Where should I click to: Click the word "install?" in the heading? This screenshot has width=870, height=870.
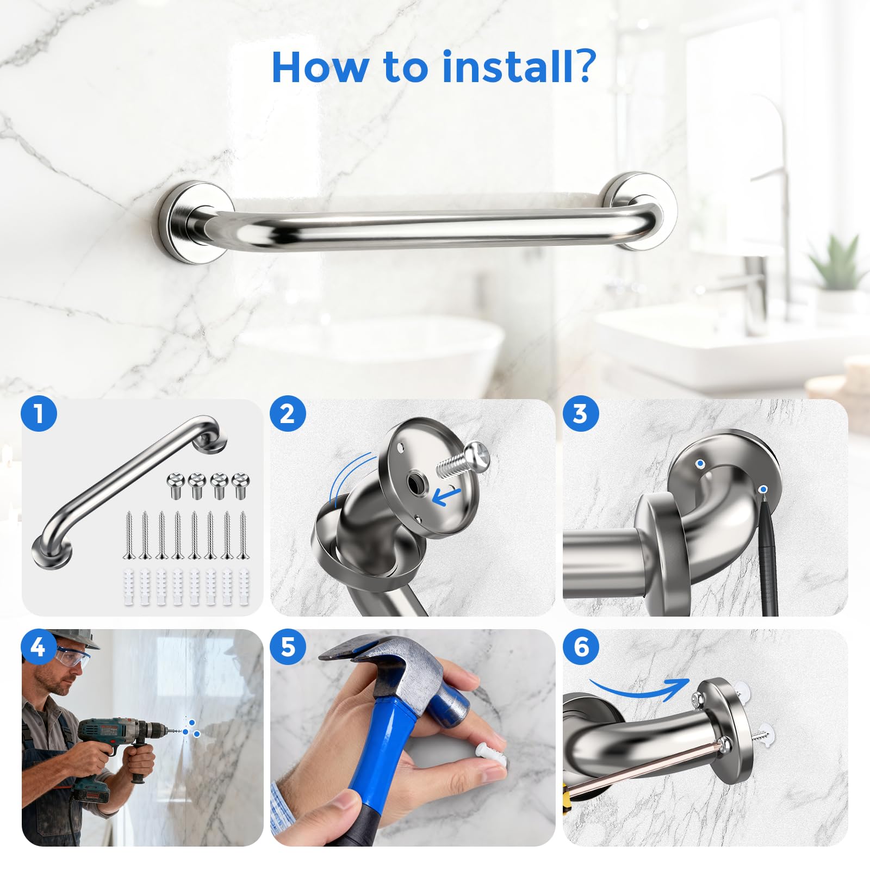519,67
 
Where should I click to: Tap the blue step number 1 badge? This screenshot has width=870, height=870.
39,414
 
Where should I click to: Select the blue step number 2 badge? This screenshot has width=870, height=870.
288,414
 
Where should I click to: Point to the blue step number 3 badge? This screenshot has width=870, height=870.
580,414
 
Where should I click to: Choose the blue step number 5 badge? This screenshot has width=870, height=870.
288,647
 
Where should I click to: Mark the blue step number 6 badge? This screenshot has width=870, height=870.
580,647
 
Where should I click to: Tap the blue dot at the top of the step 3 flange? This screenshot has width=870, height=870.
701,463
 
